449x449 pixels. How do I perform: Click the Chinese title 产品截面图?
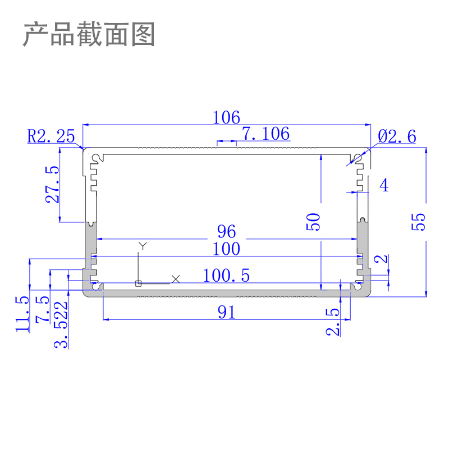(x=89, y=35)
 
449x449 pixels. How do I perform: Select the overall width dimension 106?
(x=226, y=118)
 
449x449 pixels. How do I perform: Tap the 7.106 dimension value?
(x=265, y=134)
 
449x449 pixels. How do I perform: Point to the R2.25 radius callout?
(x=51, y=136)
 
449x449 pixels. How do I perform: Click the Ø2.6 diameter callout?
(x=397, y=136)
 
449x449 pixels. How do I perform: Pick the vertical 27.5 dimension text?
(x=52, y=184)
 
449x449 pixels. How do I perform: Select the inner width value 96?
(x=226, y=231)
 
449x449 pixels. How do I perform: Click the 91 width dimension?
(x=226, y=313)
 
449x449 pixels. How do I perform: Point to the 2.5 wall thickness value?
(x=333, y=321)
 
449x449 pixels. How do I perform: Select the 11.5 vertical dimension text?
(x=22, y=314)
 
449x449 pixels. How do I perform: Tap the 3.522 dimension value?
(x=62, y=324)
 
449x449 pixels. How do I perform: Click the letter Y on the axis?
(x=144, y=246)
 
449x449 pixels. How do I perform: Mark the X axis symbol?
(x=176, y=278)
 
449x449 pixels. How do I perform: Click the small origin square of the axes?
(x=139, y=283)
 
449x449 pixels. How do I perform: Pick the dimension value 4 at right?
(x=384, y=185)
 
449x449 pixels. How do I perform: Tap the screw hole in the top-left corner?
(x=96, y=158)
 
